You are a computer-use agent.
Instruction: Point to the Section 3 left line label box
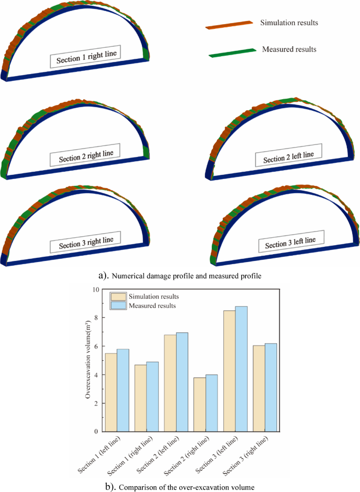tap(290, 243)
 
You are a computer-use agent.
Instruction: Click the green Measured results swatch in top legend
tap(230, 51)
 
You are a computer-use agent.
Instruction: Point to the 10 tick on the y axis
tap(95, 289)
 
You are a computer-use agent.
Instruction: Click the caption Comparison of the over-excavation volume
tap(187, 487)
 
